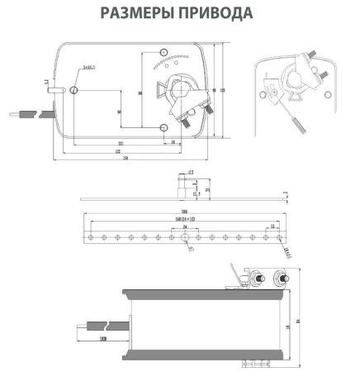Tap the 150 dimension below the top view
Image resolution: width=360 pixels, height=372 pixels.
tap(124, 160)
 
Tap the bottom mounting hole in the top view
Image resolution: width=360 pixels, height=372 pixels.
tap(164, 126)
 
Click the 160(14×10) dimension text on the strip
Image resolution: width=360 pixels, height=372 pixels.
tap(180, 218)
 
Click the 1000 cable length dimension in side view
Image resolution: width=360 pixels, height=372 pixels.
tap(103, 339)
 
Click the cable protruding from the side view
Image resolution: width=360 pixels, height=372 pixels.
tap(99, 328)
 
